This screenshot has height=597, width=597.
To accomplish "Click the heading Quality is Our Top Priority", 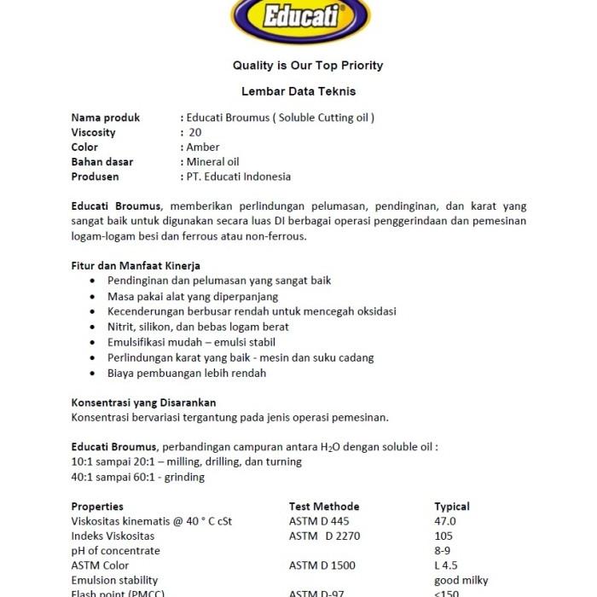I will tap(308, 66).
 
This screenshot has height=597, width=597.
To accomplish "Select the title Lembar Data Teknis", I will tap(298, 91).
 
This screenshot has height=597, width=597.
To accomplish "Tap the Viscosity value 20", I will tap(195, 132).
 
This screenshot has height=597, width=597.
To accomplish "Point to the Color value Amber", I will tap(203, 148).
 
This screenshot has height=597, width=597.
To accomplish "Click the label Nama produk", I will tap(106, 118).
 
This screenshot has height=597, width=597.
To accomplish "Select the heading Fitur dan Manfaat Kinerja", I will tap(136, 266).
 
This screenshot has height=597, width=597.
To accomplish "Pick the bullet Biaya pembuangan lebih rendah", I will tap(187, 373).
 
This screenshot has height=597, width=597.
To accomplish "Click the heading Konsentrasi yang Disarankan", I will tap(143, 403).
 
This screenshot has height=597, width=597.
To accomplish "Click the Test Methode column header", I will tap(324, 507).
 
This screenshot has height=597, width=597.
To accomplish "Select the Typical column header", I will tap(452, 507).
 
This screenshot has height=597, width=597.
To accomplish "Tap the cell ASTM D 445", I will tap(319, 521).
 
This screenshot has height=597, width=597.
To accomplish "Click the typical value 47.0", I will tap(445, 521).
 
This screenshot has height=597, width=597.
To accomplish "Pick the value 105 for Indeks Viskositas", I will tap(444, 536).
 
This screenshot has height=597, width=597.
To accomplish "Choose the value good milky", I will tap(461, 581).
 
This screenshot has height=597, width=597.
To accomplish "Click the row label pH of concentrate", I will tap(116, 551).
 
